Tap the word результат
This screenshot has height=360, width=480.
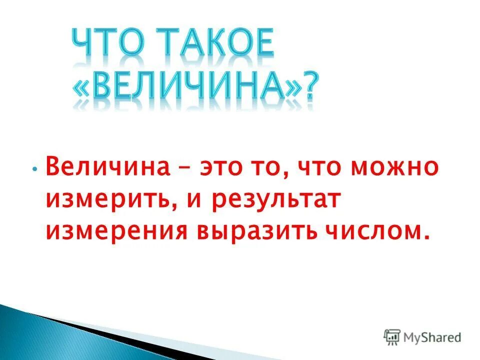click(272, 199)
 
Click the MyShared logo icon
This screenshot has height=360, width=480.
click(392, 337)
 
